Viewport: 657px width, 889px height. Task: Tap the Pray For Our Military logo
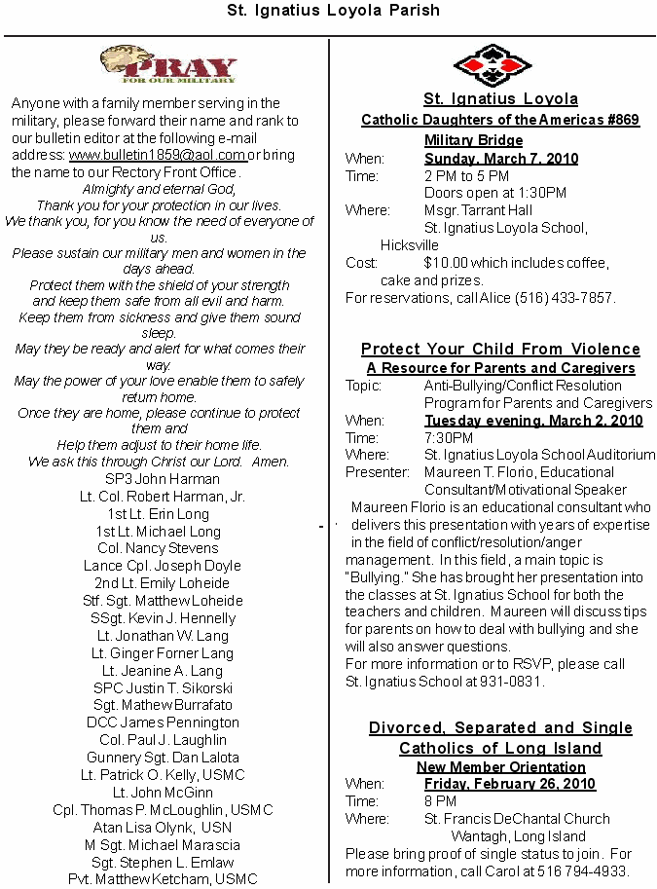(168, 66)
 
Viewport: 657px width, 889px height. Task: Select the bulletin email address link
(157, 155)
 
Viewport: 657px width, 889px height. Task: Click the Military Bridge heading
(474, 140)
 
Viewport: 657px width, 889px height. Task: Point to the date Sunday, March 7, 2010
(501, 158)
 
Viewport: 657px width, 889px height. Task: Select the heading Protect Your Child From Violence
(500, 349)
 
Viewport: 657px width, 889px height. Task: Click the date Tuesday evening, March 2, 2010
(533, 421)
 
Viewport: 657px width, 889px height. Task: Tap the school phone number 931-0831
(511, 682)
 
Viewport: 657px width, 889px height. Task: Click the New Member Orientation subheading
(500, 766)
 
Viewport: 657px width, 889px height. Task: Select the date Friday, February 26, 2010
(510, 784)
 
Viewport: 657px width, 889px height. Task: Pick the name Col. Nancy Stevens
(164, 548)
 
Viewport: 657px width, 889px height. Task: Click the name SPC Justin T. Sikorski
(164, 688)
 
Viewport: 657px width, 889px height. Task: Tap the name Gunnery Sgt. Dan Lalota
(164, 758)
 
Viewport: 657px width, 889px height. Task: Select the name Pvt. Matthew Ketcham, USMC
(164, 879)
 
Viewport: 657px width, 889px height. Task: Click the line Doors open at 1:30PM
(495, 193)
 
